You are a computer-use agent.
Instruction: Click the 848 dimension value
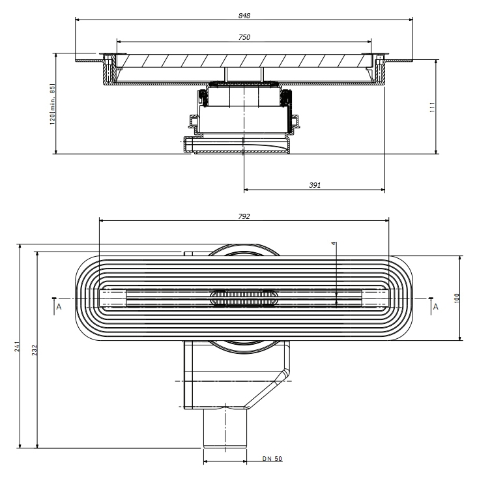coord(244,16)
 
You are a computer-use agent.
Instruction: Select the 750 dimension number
coord(244,37)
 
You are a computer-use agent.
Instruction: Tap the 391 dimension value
coord(315,185)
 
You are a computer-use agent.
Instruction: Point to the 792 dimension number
coord(244,216)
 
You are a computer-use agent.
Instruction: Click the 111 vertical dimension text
coord(433,108)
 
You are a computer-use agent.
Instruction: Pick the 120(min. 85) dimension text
coord(53,104)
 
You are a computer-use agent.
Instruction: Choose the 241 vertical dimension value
coord(18,347)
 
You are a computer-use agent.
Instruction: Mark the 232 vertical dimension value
coord(35,350)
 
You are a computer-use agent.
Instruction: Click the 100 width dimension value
coord(457,298)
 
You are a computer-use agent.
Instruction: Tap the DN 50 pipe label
coord(272,459)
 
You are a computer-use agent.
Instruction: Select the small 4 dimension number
coord(334,244)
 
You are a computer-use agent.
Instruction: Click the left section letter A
coord(59,307)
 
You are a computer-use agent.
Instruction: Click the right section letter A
coord(436,307)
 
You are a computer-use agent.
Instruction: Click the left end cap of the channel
coord(112,298)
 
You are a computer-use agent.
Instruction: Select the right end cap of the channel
coord(375,298)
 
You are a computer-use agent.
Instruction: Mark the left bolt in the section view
coord(107,68)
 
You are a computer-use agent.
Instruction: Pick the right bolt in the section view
coord(380,68)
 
